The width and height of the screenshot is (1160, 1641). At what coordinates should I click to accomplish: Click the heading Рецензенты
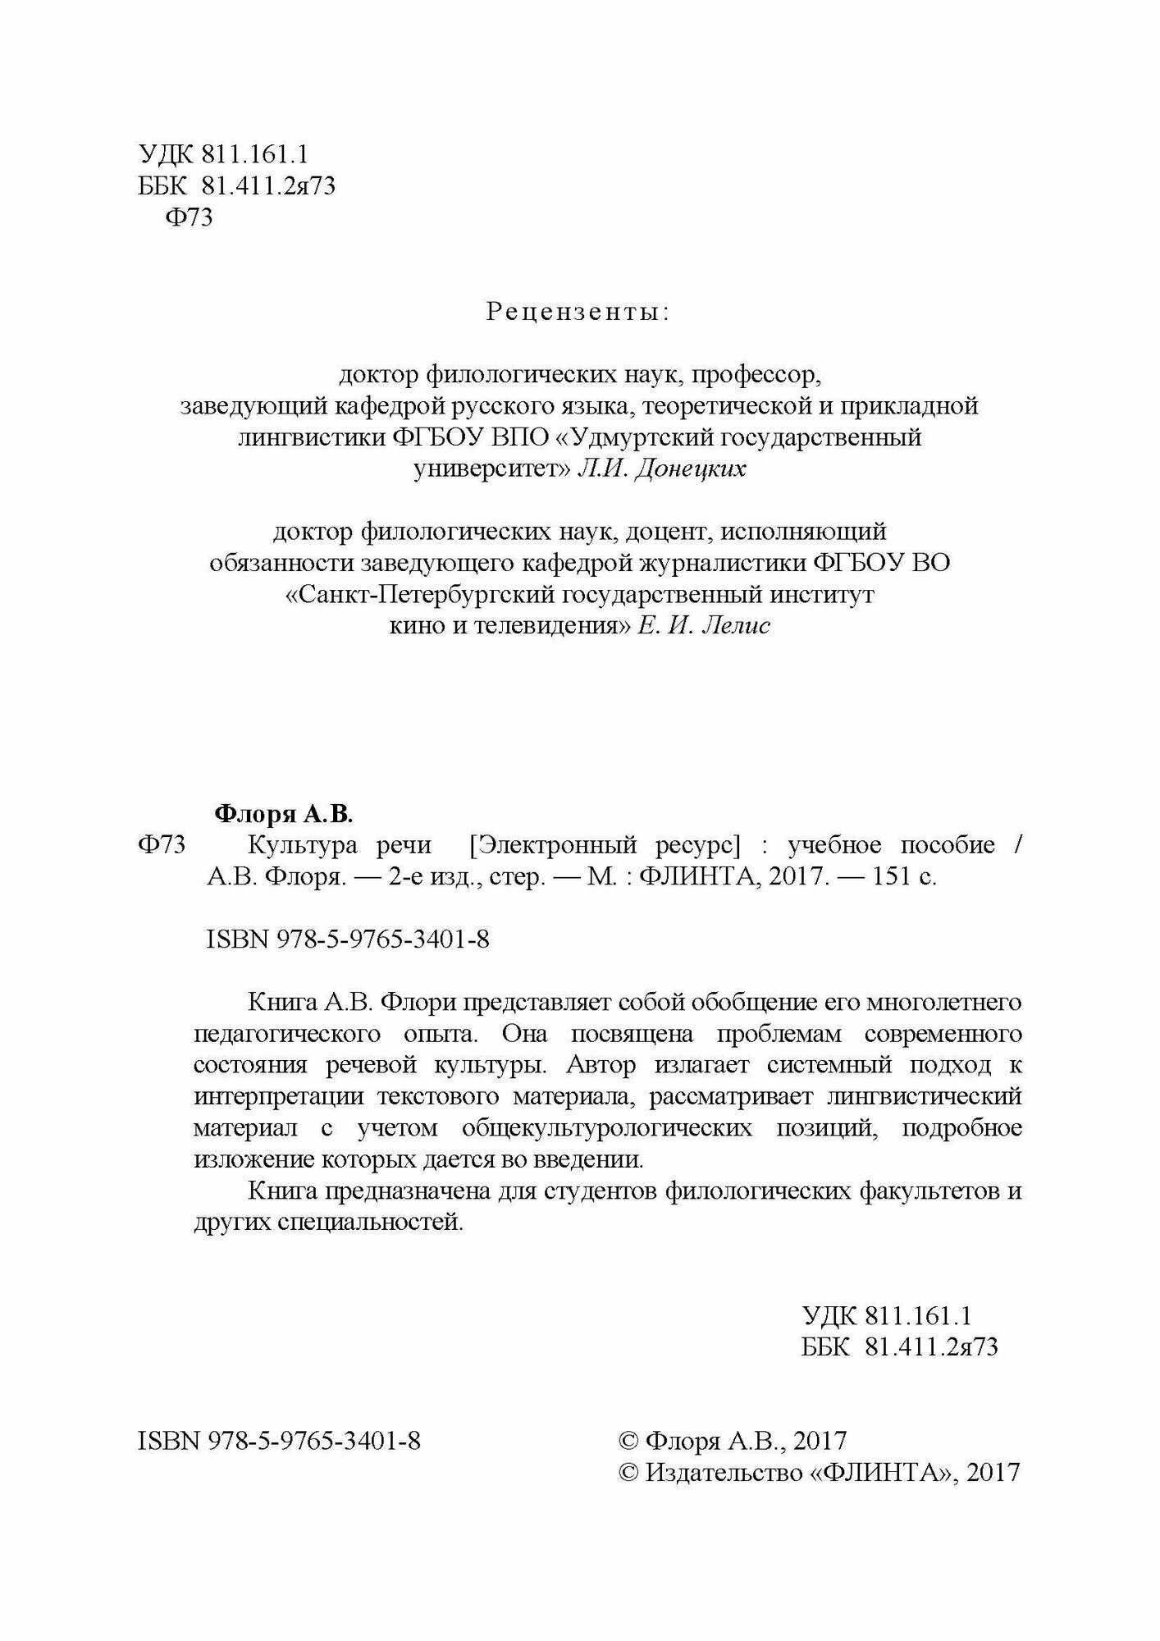click(578, 313)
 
